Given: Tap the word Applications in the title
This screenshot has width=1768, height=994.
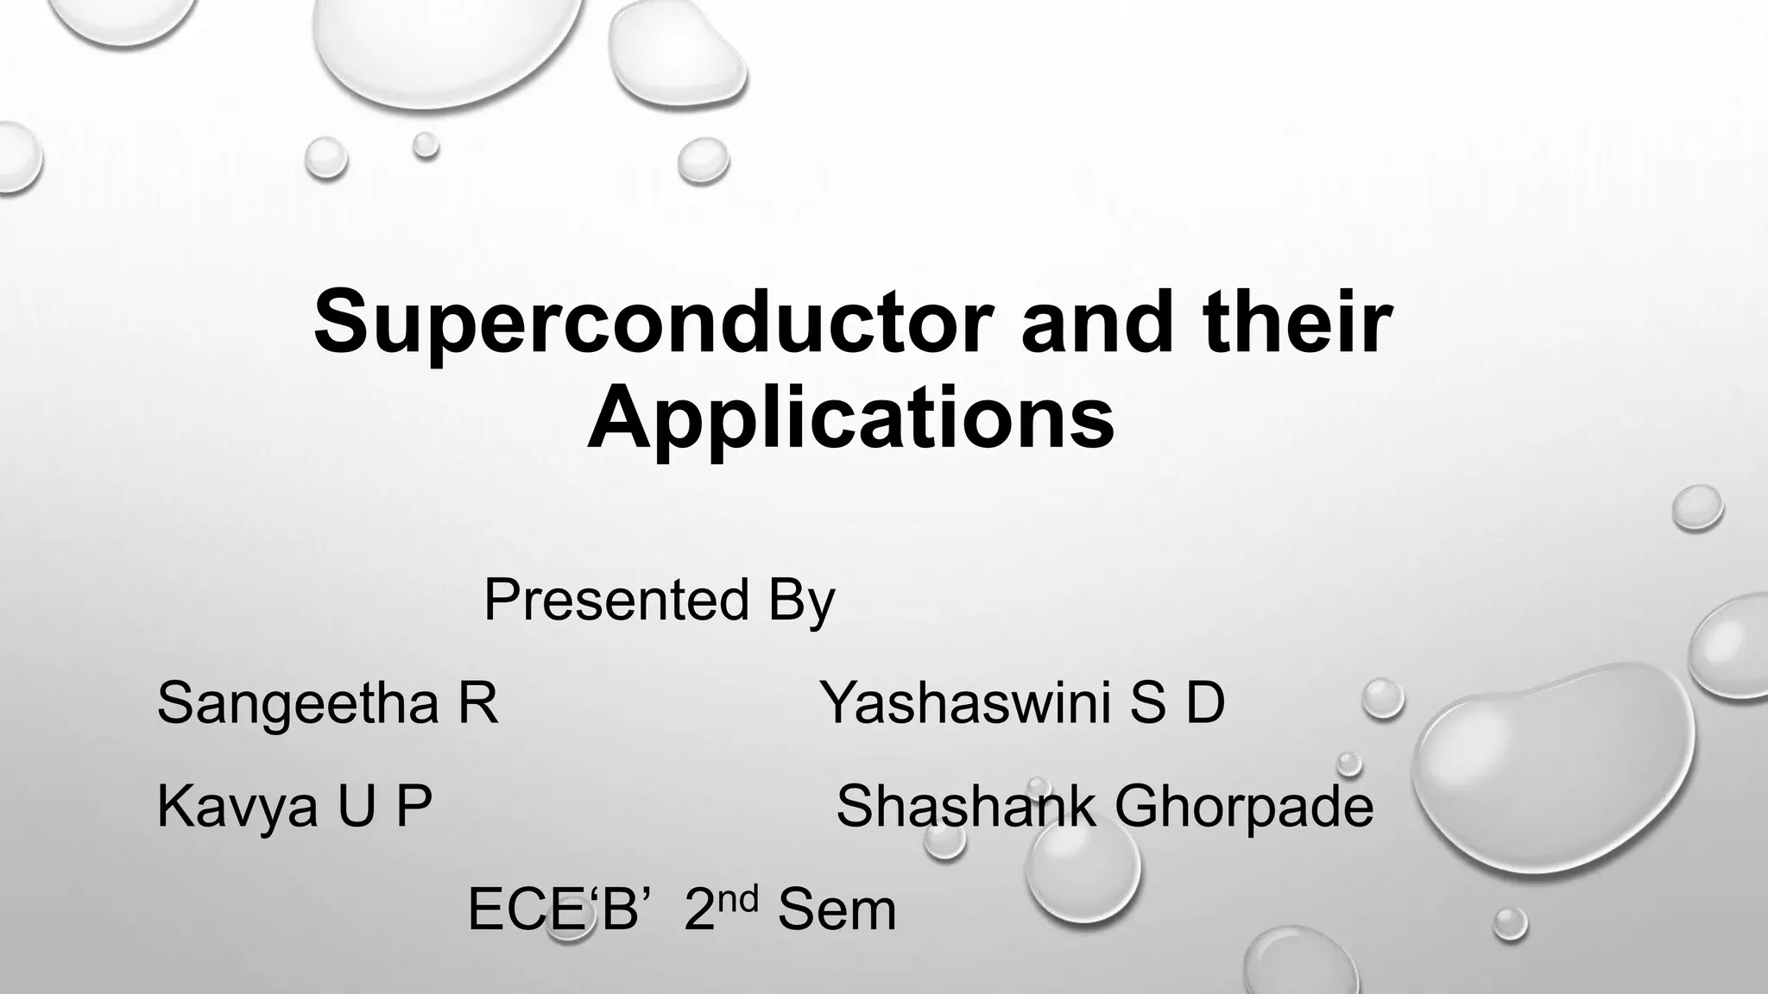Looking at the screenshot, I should click(850, 420).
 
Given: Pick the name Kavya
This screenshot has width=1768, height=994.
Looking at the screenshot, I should click(237, 808).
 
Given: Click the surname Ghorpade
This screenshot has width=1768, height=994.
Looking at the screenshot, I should click(1243, 808).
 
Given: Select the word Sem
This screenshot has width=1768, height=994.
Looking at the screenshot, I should click(837, 910).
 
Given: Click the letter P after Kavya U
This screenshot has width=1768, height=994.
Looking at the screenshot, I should click(414, 806).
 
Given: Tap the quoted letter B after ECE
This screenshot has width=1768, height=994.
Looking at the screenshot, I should click(619, 910).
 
